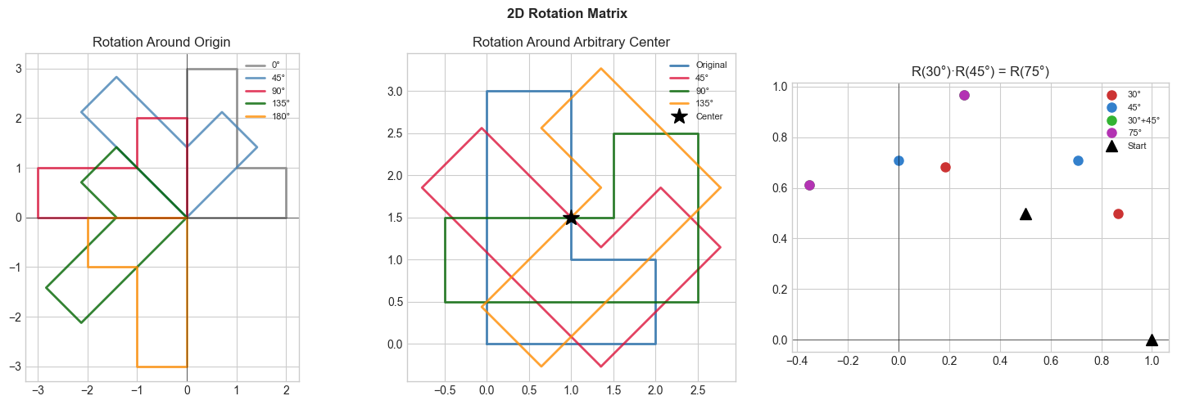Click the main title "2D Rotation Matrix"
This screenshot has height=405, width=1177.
[x=588, y=13]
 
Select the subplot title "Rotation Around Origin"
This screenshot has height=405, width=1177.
[x=161, y=43]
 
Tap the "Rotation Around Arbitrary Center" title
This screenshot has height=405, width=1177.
[x=571, y=43]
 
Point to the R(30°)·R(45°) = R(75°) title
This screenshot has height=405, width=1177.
[x=980, y=72]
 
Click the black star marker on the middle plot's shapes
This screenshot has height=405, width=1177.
[x=571, y=218]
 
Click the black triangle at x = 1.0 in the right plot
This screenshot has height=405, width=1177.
[x=1152, y=340]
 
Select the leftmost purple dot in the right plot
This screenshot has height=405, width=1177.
[x=809, y=185]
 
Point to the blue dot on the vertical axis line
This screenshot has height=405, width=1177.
[x=899, y=160]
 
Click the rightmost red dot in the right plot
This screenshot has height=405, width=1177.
[x=1118, y=214]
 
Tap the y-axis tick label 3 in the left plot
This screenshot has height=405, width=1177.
[x=16, y=70]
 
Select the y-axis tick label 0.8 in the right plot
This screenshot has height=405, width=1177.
[x=781, y=137]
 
